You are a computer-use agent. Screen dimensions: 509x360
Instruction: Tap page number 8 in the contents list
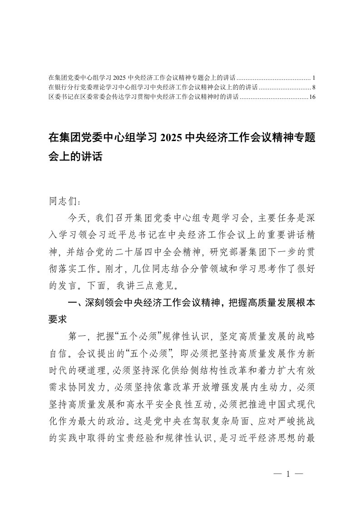coord(313,87)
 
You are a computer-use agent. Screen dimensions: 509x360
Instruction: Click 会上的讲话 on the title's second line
coord(76,157)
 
